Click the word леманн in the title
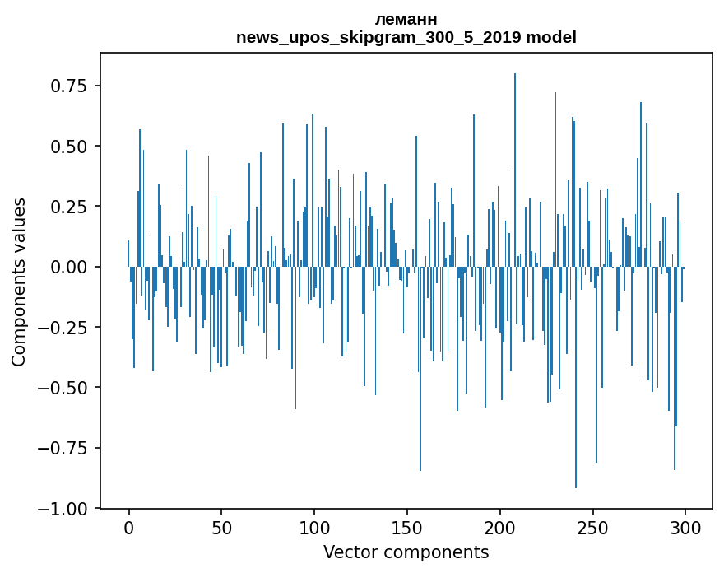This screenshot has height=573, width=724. [x=406, y=19]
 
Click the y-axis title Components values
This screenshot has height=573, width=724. [x=19, y=282]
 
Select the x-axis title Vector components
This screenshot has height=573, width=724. [x=406, y=552]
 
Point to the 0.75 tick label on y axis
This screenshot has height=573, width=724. [x=69, y=86]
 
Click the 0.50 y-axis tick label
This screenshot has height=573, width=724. [x=69, y=147]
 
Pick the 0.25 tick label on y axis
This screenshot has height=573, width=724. [x=69, y=207]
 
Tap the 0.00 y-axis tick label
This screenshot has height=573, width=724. [x=69, y=267]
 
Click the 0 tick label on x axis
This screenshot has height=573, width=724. [x=129, y=529]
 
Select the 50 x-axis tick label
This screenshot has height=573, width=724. [x=221, y=529]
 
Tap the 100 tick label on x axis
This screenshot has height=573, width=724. [x=314, y=529]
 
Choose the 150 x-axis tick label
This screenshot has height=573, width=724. [x=406, y=529]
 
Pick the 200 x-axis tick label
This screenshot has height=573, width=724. [x=499, y=529]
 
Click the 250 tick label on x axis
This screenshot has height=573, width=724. [x=592, y=529]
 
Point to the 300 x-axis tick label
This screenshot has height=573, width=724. [x=685, y=529]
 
